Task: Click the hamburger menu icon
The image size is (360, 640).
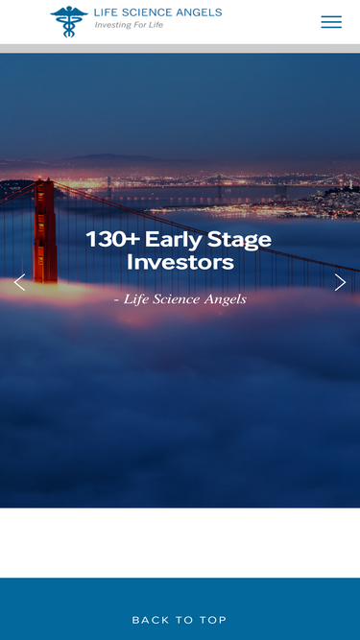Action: [x=331, y=22]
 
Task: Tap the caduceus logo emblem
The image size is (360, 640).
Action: [x=68, y=21]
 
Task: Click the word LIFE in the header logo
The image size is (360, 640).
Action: [x=105, y=12]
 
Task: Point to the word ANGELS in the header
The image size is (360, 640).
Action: [x=199, y=12]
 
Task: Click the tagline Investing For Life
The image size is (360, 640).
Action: [x=129, y=25]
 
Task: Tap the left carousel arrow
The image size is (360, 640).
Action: [x=19, y=282]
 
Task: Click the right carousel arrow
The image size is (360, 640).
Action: [x=340, y=282]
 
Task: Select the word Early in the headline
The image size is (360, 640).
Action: [x=171, y=240]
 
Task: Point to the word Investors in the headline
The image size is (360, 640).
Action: [x=180, y=262]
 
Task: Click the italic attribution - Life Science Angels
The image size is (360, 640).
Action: [x=180, y=299]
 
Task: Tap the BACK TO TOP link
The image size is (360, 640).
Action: [x=180, y=620]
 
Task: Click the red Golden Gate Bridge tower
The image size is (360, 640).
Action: [x=44, y=230]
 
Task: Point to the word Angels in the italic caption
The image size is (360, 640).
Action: [x=224, y=299]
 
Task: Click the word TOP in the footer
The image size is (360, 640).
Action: [x=212, y=620]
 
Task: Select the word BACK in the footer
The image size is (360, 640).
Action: [x=151, y=620]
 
